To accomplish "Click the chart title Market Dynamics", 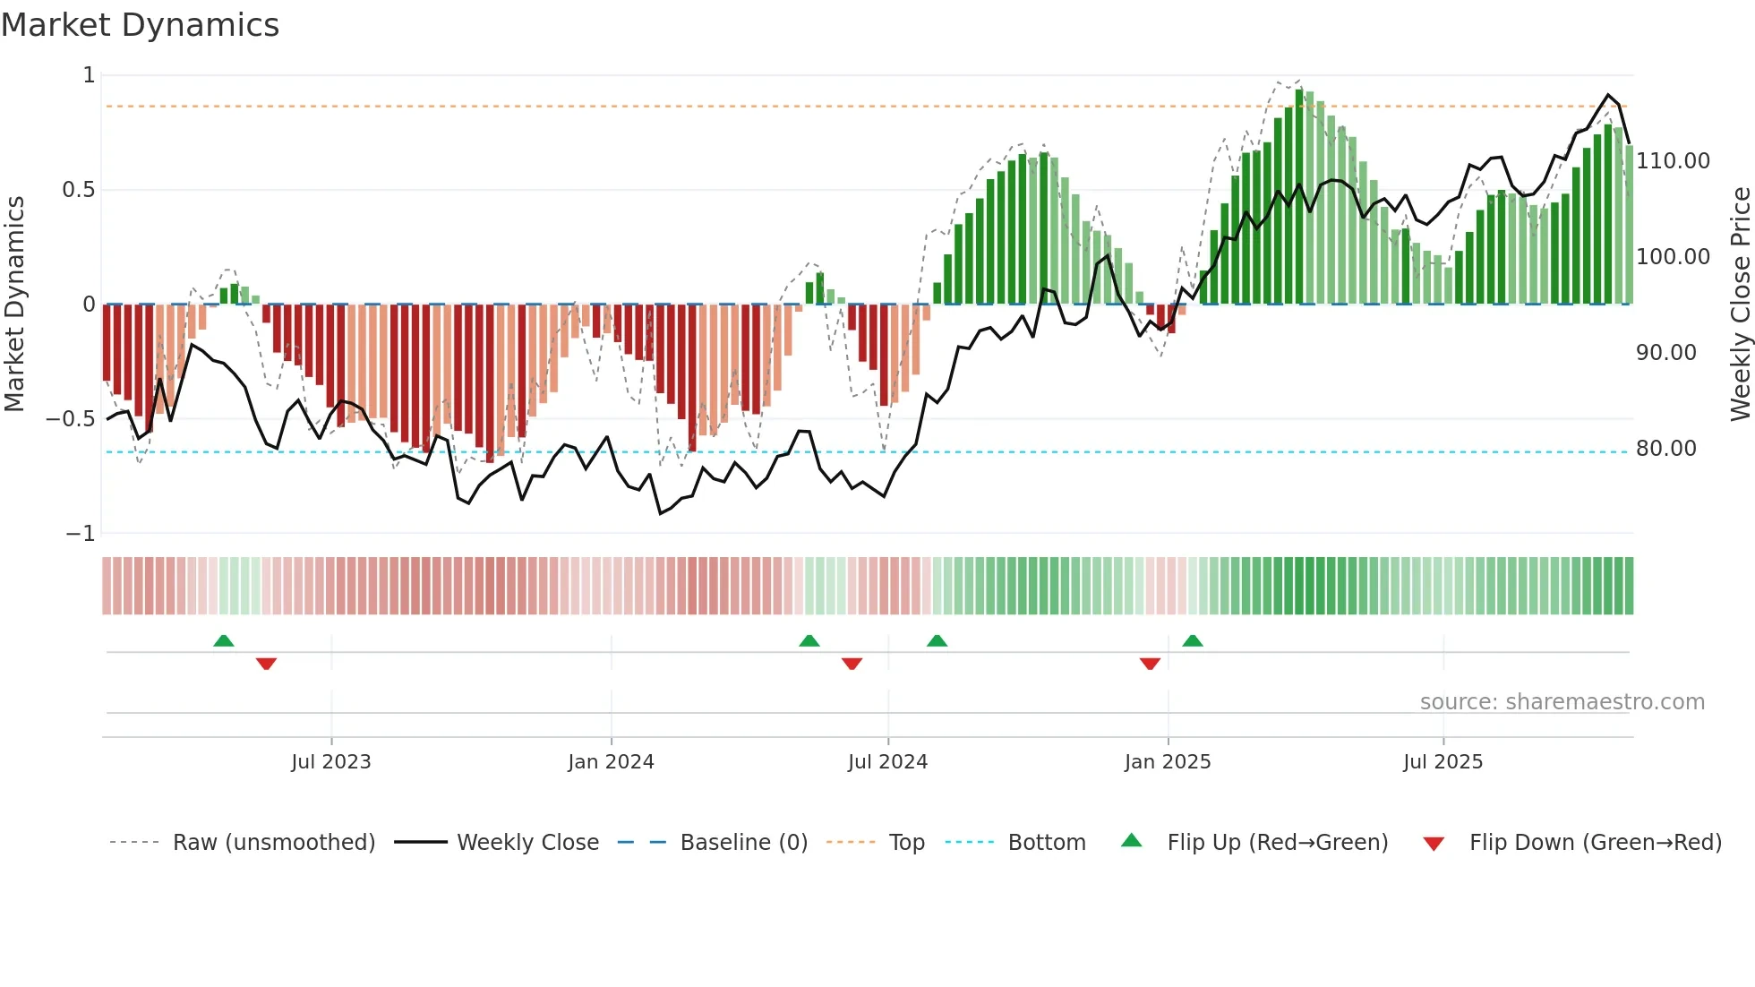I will tap(140, 25).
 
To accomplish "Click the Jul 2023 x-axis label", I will tap(330, 762).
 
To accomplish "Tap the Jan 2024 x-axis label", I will tap(611, 762).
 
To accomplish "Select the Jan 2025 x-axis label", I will tap(1168, 762).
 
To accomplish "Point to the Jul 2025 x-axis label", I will tap(1443, 762).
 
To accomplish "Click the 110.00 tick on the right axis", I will tap(1673, 161).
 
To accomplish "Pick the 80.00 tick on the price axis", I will tap(1665, 449).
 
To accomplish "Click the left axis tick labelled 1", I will tap(89, 75).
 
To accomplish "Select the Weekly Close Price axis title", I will tap(1740, 305).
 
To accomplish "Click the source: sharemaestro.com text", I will tap(1562, 702).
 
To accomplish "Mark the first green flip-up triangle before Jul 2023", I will tap(224, 640).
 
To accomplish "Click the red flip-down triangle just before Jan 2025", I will tap(1150, 664).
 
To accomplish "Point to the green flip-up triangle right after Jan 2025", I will tap(1192, 640).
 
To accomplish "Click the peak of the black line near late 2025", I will tap(1608, 95).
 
